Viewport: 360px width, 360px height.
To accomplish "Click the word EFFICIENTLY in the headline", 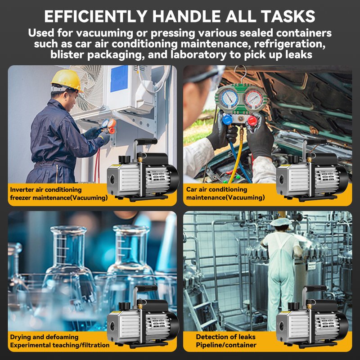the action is pos(95,16).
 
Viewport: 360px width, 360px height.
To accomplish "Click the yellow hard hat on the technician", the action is pos(66,80).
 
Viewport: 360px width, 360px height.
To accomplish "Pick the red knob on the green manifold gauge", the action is pos(252,121).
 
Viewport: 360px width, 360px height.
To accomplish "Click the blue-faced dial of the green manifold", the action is pos(228,99).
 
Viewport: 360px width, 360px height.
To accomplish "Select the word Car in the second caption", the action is pos(192,189).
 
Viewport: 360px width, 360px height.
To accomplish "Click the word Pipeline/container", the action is pos(226,345).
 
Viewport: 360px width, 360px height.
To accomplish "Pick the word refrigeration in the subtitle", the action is pos(290,44).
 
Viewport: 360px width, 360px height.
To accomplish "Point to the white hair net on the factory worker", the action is pos(280,222).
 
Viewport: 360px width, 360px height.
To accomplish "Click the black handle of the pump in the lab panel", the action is pos(146,288).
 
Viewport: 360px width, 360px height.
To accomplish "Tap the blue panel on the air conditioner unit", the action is pos(119,78).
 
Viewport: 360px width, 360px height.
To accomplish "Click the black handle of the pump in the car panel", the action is pos(315,142).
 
